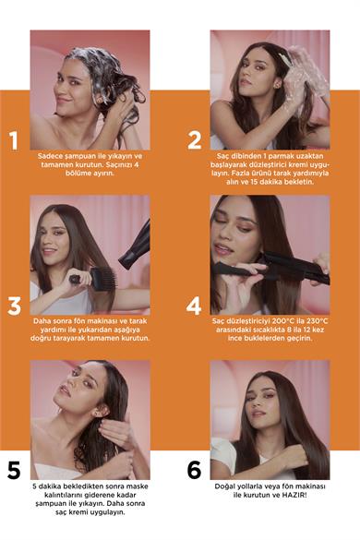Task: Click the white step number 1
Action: point(14,140)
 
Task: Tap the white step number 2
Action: point(194,140)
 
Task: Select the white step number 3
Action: point(14,306)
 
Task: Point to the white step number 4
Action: point(194,306)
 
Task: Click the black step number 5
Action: point(14,470)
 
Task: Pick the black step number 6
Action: point(194,470)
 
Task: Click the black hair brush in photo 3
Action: point(92,278)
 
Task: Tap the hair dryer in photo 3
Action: point(135,246)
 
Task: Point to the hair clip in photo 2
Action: point(284,59)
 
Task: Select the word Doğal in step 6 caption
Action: point(224,487)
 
